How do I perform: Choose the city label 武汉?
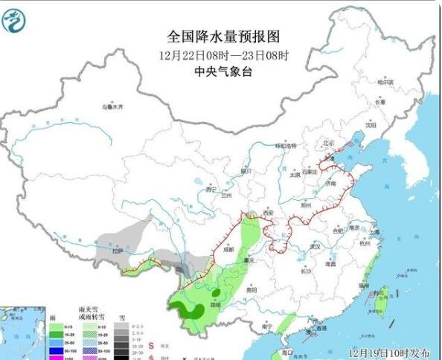pos(315,245)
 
